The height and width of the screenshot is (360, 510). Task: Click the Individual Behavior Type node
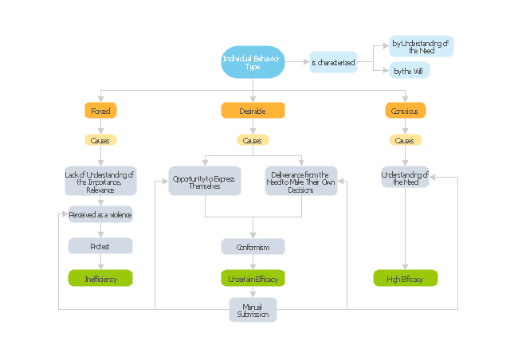(253, 62)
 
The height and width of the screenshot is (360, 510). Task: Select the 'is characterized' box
(333, 62)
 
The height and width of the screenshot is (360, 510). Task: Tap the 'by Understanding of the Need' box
(422, 46)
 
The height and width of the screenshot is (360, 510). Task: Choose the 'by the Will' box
(410, 71)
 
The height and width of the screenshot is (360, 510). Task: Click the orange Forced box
(100, 111)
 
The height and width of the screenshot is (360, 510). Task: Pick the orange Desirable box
(253, 111)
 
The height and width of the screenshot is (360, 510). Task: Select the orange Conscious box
(405, 111)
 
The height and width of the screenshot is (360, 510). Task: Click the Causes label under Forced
(100, 140)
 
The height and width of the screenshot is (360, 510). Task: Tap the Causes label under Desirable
(253, 140)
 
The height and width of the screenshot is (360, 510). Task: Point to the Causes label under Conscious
(405, 140)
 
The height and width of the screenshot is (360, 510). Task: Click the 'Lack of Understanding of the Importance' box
(100, 180)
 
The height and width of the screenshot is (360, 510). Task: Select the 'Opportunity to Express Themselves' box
(204, 180)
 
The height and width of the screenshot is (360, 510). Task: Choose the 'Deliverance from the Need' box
(301, 180)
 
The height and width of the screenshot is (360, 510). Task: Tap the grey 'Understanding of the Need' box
(405, 177)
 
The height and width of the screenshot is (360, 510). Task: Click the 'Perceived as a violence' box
(100, 214)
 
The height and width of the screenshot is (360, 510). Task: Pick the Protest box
(100, 246)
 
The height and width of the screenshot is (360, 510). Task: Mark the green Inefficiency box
(100, 278)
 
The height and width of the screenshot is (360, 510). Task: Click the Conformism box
(253, 247)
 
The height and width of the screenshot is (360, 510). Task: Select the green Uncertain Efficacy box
(253, 278)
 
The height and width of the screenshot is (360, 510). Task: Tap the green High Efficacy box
(405, 278)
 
